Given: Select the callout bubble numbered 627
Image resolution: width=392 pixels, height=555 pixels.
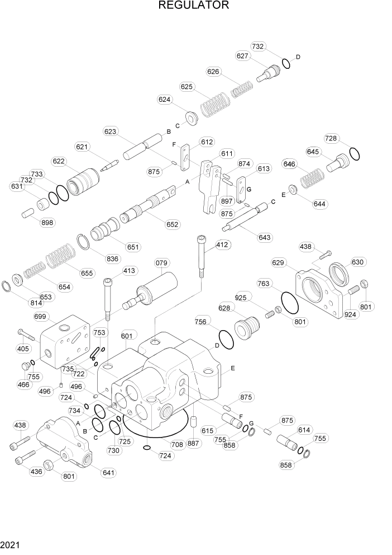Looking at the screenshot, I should coord(242,56).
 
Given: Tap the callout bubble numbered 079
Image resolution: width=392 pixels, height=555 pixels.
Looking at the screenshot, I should coord(162,262).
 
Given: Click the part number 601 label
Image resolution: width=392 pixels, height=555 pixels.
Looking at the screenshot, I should coord(127,336).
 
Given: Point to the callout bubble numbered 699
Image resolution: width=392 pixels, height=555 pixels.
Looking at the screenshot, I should coord(40,317).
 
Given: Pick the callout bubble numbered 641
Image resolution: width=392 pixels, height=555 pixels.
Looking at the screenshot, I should coord(108,472).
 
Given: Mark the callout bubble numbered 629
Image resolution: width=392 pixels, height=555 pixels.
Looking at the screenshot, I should coord(279,262).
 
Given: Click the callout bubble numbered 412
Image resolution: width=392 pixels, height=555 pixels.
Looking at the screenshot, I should coord(223,244).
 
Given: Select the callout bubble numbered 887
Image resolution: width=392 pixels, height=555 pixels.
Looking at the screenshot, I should coord(193,444).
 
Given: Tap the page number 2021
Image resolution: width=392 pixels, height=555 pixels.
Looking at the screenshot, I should coord(11,544).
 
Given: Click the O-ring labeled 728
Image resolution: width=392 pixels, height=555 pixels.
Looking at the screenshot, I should coord(354,153).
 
